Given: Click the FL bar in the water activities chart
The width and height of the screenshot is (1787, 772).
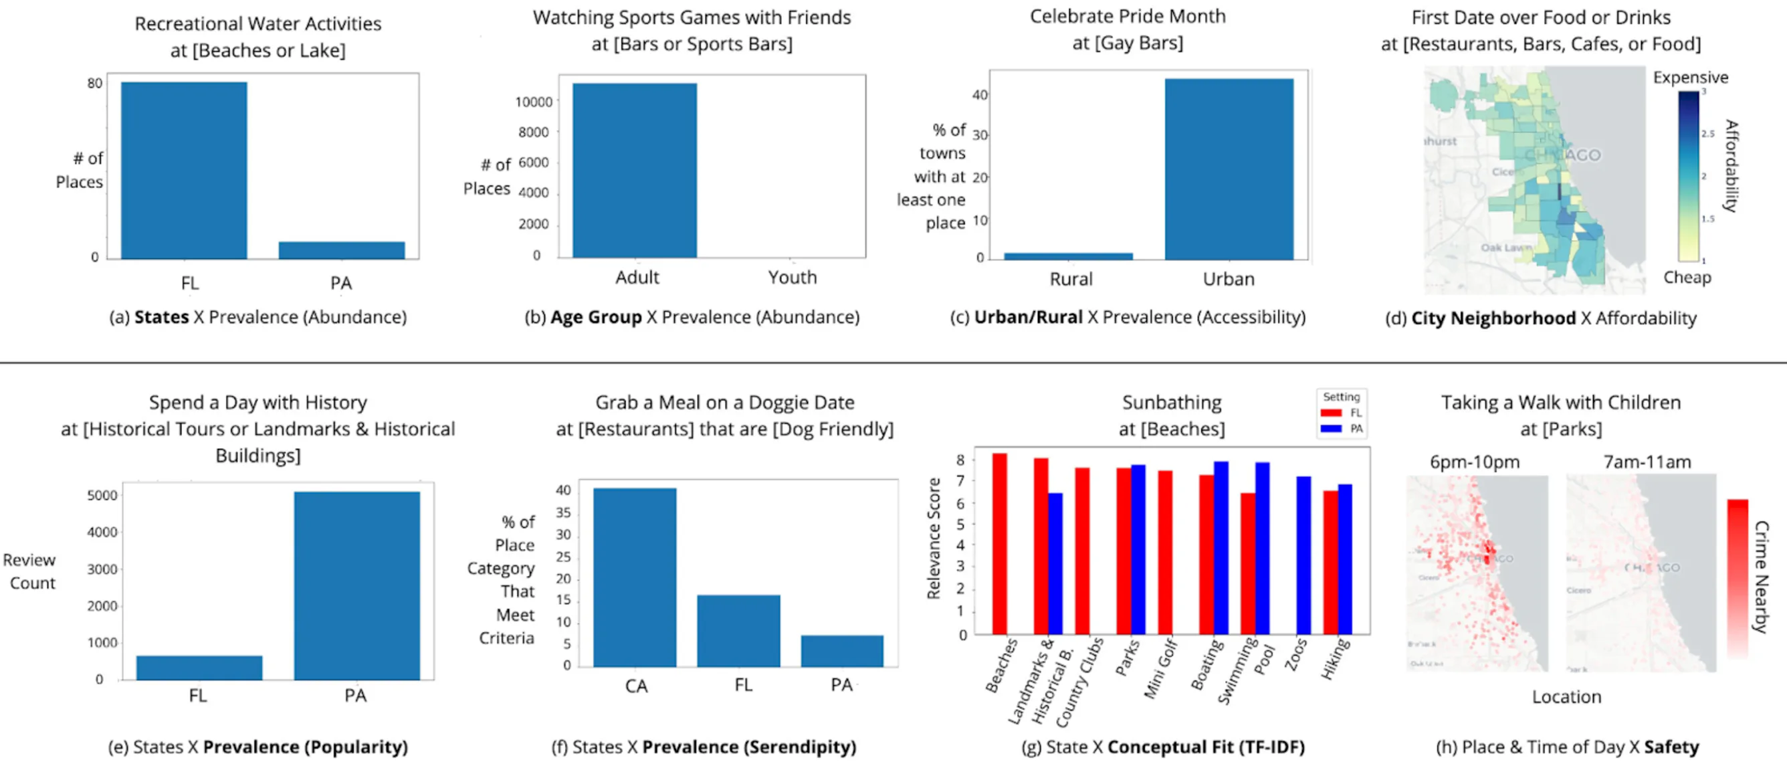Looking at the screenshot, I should (184, 170).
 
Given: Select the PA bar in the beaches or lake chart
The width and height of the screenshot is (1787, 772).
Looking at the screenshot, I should (341, 250).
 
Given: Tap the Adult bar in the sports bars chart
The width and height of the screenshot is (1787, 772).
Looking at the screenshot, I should (635, 170).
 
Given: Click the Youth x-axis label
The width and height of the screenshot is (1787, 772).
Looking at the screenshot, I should (793, 278).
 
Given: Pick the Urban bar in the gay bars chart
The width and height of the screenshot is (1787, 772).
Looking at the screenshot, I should (1229, 170).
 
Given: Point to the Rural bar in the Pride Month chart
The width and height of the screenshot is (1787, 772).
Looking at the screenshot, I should (1068, 256).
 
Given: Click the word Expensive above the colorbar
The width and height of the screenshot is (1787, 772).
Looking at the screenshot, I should (1690, 78).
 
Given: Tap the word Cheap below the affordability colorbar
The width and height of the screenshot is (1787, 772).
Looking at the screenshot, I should (1687, 278).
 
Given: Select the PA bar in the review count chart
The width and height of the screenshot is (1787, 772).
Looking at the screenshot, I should (356, 586).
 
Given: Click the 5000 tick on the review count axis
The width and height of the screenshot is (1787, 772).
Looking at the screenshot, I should (102, 495).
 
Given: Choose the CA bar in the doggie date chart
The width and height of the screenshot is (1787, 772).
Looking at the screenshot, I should (635, 578).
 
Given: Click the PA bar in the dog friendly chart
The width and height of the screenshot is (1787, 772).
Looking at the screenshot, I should (841, 651).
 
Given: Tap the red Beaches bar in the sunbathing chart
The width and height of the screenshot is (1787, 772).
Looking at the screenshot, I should (1000, 543).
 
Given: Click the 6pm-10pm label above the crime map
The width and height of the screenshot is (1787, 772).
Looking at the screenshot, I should (1474, 462).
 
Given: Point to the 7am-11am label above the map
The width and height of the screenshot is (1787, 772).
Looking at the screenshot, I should (1646, 462).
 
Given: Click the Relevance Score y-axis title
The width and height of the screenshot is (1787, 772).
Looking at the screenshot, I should (934, 539).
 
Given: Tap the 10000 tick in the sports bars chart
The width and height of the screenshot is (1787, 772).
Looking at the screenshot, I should (534, 102).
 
